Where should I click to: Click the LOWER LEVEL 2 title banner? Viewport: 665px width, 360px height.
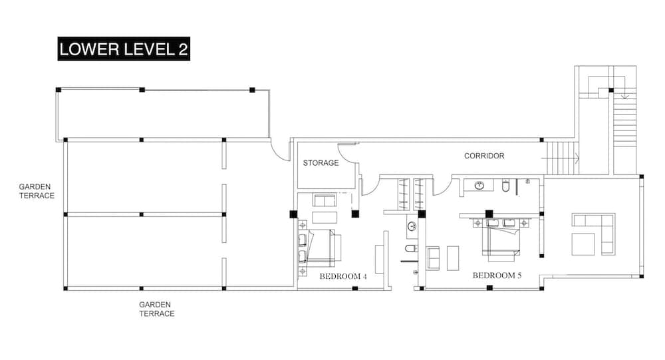[124, 50]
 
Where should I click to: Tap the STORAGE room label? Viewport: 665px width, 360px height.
[321, 163]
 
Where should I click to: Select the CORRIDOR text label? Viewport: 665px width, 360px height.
[484, 156]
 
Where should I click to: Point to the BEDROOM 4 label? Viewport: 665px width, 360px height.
[343, 276]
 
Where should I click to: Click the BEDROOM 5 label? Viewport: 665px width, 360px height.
[497, 275]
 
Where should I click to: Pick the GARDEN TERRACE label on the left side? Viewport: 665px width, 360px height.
[37, 192]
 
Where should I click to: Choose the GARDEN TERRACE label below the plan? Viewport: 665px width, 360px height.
[157, 309]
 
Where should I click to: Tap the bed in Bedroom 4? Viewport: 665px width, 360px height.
[321, 246]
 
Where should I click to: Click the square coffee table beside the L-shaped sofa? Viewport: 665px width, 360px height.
[582, 244]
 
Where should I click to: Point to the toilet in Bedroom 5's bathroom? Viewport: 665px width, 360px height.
[505, 186]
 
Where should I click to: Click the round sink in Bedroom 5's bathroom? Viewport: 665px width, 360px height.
[479, 185]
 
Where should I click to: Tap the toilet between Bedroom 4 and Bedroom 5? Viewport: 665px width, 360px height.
[411, 249]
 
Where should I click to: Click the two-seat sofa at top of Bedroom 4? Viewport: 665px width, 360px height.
[325, 200]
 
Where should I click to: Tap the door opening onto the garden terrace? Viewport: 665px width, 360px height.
[281, 150]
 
